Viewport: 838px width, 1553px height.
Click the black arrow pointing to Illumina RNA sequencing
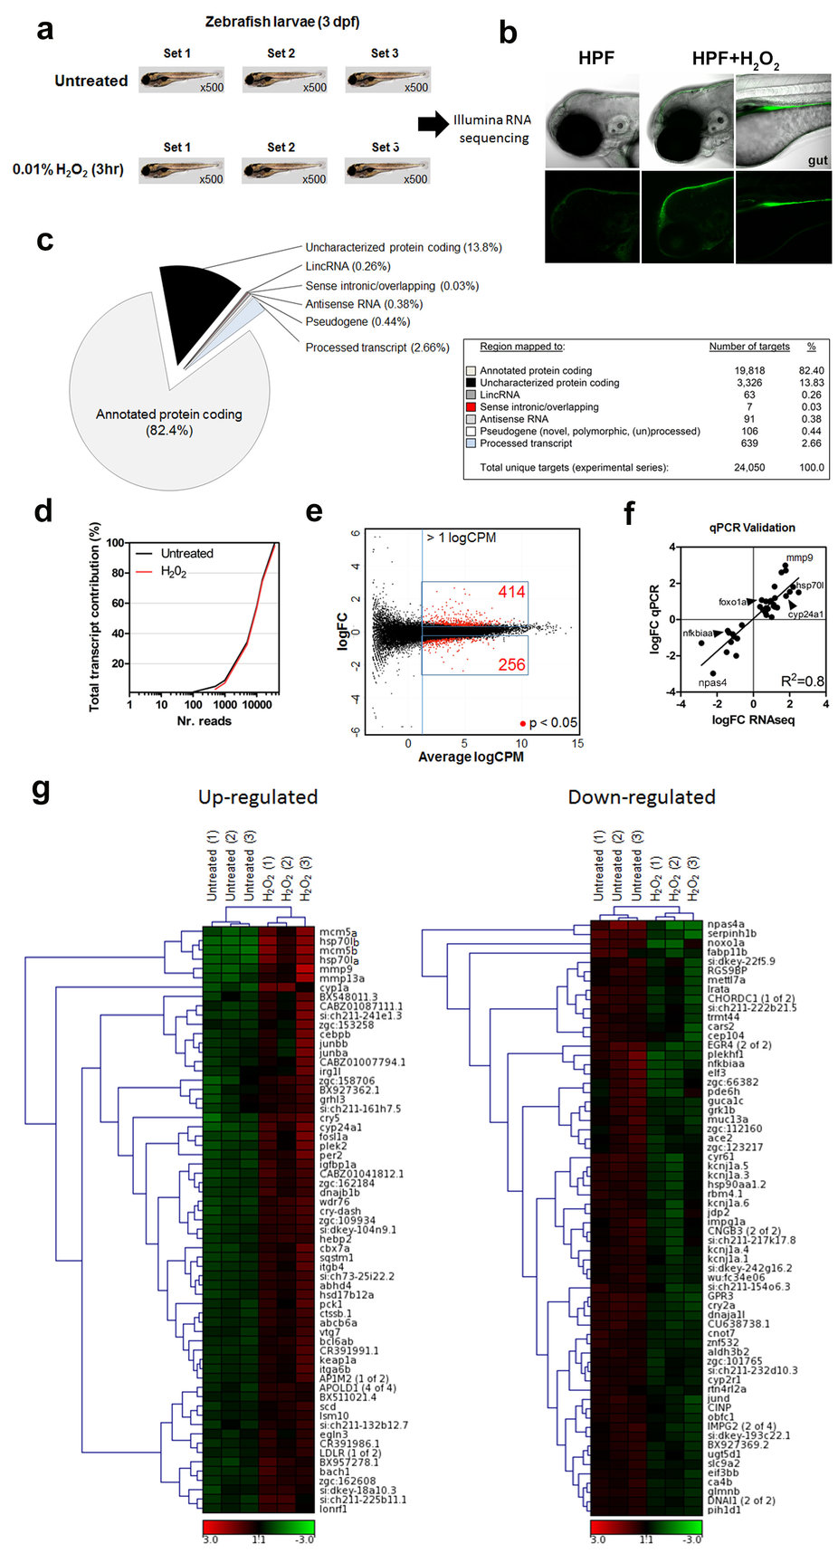click(433, 124)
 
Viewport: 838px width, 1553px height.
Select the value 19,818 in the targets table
click(748, 371)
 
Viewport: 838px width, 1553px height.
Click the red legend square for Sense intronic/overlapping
click(471, 407)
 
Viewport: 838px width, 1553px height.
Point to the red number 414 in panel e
click(510, 592)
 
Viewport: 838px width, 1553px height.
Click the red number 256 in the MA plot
click(511, 665)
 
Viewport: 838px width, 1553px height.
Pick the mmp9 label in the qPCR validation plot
click(799, 558)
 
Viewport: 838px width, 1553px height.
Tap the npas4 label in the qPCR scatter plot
click(712, 682)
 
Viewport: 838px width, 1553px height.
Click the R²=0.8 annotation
click(802, 681)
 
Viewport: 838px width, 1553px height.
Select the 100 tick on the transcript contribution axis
click(116, 543)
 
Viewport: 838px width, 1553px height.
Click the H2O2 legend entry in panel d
click(174, 572)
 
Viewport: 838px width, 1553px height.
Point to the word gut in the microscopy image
click(816, 160)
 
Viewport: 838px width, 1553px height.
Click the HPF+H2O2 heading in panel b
click(735, 60)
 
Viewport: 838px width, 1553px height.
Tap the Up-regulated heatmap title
click(258, 797)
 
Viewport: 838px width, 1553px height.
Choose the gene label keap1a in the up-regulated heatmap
click(338, 1360)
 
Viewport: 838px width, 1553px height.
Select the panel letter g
click(41, 790)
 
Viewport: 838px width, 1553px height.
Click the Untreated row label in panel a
click(90, 81)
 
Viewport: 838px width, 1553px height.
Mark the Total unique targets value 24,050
click(748, 468)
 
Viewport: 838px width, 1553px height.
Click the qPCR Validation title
click(752, 528)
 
